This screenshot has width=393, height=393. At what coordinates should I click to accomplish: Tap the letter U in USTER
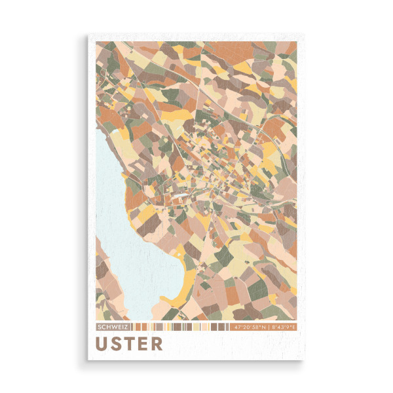click(x=103, y=344)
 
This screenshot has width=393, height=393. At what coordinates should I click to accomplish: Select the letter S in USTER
click(x=119, y=344)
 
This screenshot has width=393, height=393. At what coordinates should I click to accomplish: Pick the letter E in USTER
click(x=144, y=344)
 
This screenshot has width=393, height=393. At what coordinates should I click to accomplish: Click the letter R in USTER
click(x=157, y=344)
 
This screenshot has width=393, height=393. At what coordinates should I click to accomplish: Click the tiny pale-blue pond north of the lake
click(x=117, y=132)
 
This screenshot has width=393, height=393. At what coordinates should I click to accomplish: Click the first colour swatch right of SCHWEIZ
click(x=132, y=326)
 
